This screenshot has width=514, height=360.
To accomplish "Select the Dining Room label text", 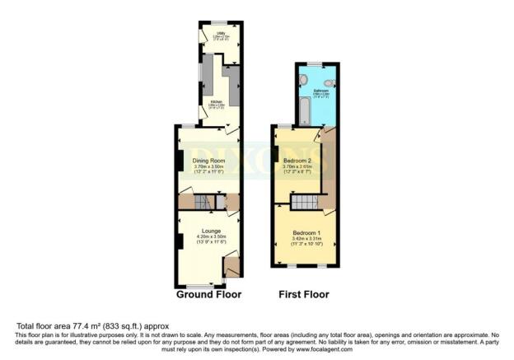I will tap(208, 160).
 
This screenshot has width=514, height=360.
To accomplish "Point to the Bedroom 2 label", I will tap(297, 160).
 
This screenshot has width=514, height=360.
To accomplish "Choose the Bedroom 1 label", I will tap(304, 232).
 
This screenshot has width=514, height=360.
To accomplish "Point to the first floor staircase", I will tap(306, 202).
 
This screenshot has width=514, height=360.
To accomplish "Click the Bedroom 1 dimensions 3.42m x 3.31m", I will tap(304, 239).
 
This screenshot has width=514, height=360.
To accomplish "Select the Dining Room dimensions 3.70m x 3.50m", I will tap(208, 166).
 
